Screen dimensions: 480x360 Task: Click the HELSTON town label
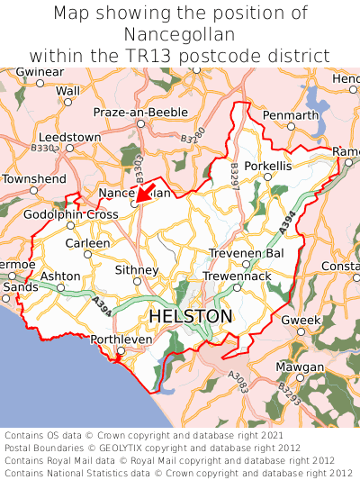click(190, 317)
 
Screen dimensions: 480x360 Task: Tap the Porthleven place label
click(121, 340)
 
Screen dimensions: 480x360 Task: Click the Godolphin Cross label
click(71, 214)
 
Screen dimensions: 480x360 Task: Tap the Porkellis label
click(267, 167)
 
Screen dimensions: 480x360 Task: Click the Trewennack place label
click(236, 276)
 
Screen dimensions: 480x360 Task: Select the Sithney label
click(138, 269)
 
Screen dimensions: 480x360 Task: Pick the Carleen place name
click(87, 243)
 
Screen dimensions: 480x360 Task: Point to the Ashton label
click(61, 276)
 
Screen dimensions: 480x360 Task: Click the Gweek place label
click(301, 321)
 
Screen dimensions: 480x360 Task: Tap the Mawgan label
click(300, 367)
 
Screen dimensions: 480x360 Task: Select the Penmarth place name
click(290, 115)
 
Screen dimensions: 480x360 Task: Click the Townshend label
click(34, 179)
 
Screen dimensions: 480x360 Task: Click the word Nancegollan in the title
click(180, 34)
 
